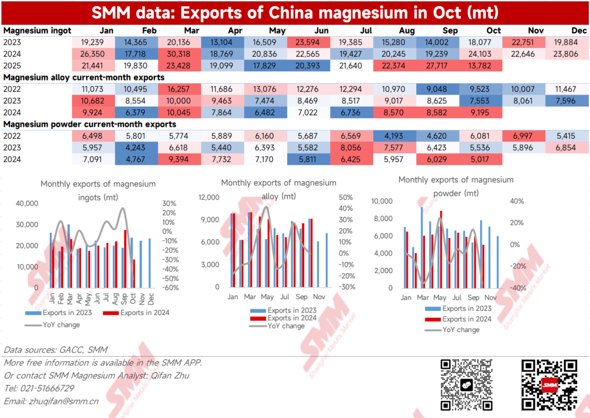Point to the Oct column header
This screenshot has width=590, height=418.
pyautogui.click(x=493, y=31)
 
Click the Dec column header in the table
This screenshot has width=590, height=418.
pyautogui.click(x=579, y=31)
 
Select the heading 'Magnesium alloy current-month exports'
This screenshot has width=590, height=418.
pyautogui.click(x=84, y=77)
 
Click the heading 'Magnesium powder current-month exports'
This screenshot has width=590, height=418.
pyautogui.click(x=89, y=124)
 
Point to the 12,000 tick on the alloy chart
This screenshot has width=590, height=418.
pyautogui.click(x=208, y=198)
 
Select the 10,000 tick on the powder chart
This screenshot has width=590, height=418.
pyautogui.click(x=382, y=201)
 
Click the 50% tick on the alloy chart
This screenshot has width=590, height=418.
pyautogui.click(x=346, y=198)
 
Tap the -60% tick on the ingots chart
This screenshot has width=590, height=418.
pyautogui.click(x=170, y=288)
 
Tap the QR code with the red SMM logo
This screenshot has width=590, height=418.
pyautogui.click(x=549, y=385)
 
